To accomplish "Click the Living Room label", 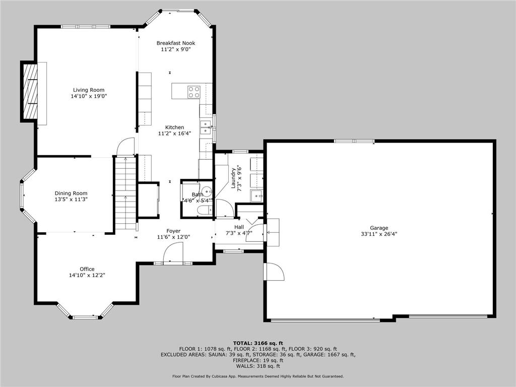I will [89, 90].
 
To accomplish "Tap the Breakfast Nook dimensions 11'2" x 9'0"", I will [175, 49].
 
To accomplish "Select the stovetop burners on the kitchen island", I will [194, 92].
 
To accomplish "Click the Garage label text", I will [378, 228].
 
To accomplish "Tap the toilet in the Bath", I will [204, 210].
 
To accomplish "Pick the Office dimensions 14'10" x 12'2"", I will [87, 275].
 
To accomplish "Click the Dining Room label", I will [71, 193].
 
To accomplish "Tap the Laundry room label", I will [234, 178].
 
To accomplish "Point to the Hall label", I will [239, 227].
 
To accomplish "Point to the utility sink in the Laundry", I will [257, 195].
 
